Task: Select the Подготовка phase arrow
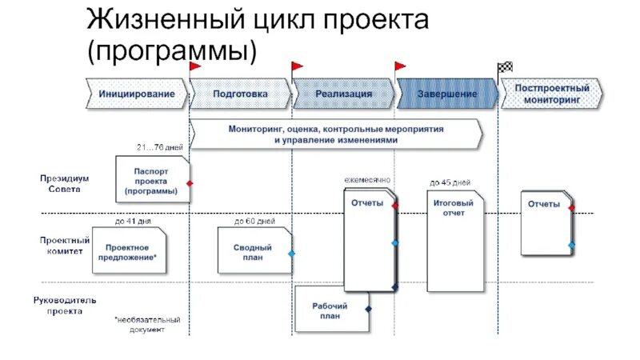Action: click(240, 94)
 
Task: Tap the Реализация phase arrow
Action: click(343, 94)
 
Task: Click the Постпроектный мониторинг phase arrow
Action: click(551, 94)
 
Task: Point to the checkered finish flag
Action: click(505, 67)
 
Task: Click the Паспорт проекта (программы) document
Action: click(152, 180)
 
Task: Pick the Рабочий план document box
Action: click(331, 309)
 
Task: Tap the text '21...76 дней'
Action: click(160, 148)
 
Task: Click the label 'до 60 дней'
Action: click(254, 221)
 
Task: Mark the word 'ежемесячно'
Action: click(367, 181)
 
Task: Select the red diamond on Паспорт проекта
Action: click(190, 183)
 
